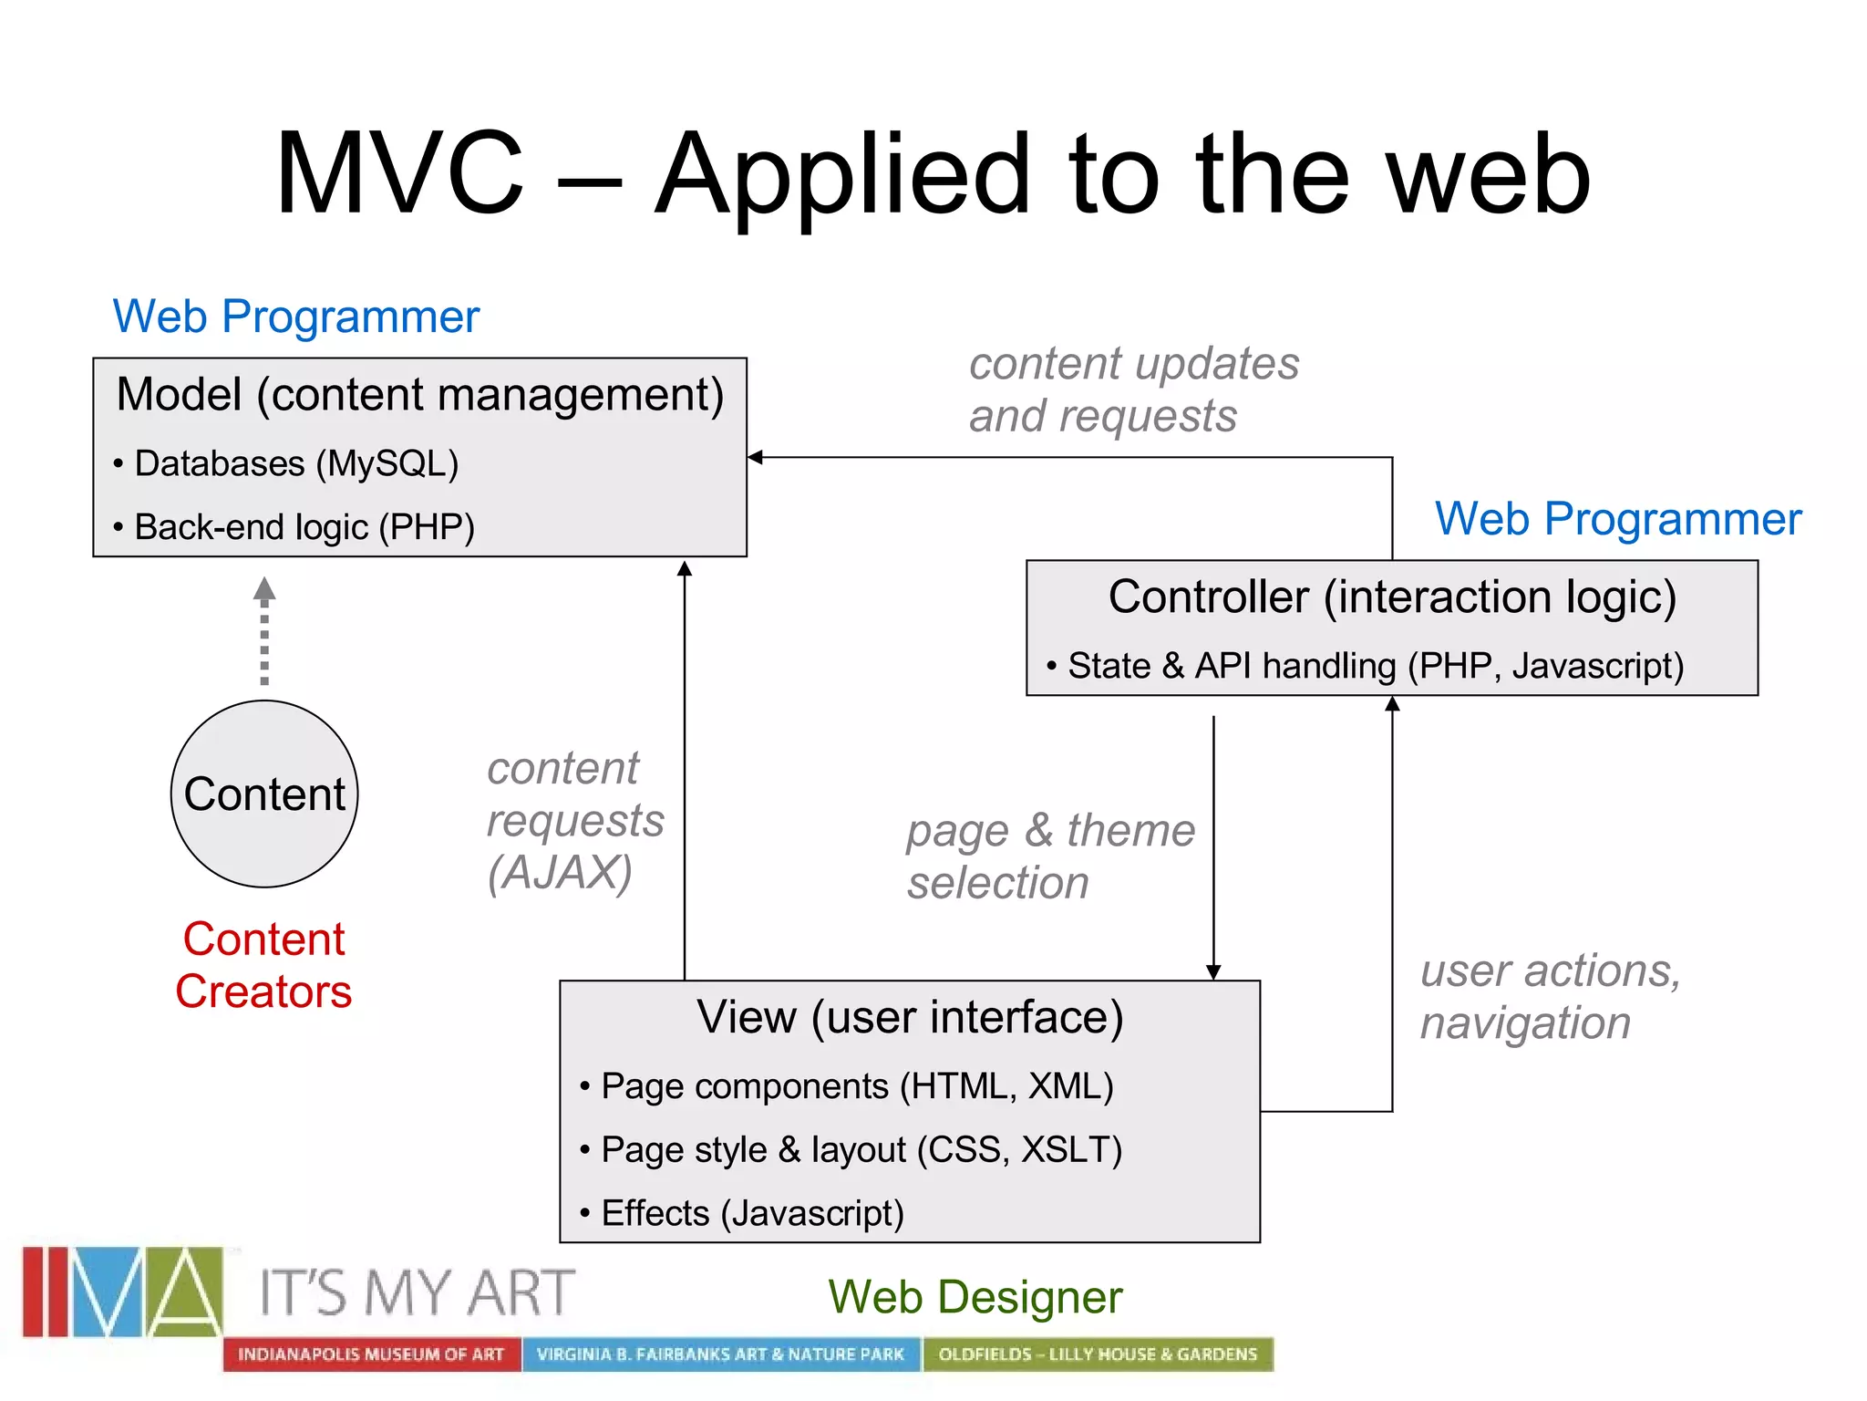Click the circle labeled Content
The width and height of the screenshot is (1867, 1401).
point(264,794)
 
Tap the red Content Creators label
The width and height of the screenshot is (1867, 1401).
point(263,965)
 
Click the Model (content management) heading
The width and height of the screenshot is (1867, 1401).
point(420,395)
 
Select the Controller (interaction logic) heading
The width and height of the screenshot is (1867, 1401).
point(1392,597)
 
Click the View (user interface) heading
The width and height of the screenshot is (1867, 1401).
point(910,1017)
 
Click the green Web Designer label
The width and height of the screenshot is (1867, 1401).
point(975,1297)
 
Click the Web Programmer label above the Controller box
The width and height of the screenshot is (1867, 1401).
point(1618,519)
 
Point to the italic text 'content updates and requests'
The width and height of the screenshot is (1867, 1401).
point(1133,389)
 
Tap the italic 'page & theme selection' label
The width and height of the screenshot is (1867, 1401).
point(1049,856)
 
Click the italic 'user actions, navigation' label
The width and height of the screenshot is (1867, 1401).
point(1550,996)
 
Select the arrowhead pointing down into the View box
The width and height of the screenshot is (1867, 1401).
point(1213,972)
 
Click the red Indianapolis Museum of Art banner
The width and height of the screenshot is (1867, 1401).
point(371,1354)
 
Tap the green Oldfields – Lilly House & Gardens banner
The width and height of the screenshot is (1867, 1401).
point(1098,1354)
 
